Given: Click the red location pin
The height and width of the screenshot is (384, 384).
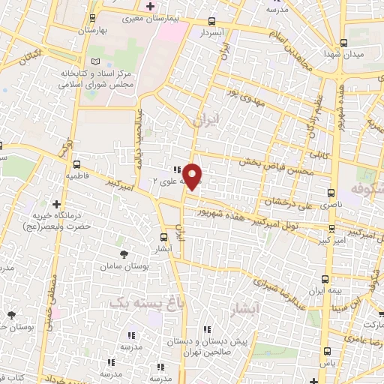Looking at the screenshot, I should pyautogui.click(x=193, y=177).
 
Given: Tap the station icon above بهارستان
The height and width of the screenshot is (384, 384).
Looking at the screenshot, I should pyautogui.click(x=92, y=18).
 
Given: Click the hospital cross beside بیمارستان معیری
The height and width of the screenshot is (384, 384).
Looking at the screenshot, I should pyautogui.click(x=150, y=6).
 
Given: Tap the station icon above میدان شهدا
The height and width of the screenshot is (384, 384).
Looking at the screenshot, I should pyautogui.click(x=343, y=42).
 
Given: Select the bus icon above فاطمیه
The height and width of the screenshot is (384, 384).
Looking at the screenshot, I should pyautogui.click(x=76, y=164).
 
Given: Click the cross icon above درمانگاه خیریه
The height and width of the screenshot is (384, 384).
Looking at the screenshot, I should pyautogui.click(x=57, y=204).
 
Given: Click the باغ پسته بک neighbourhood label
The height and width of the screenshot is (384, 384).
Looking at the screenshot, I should pyautogui.click(x=145, y=302).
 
